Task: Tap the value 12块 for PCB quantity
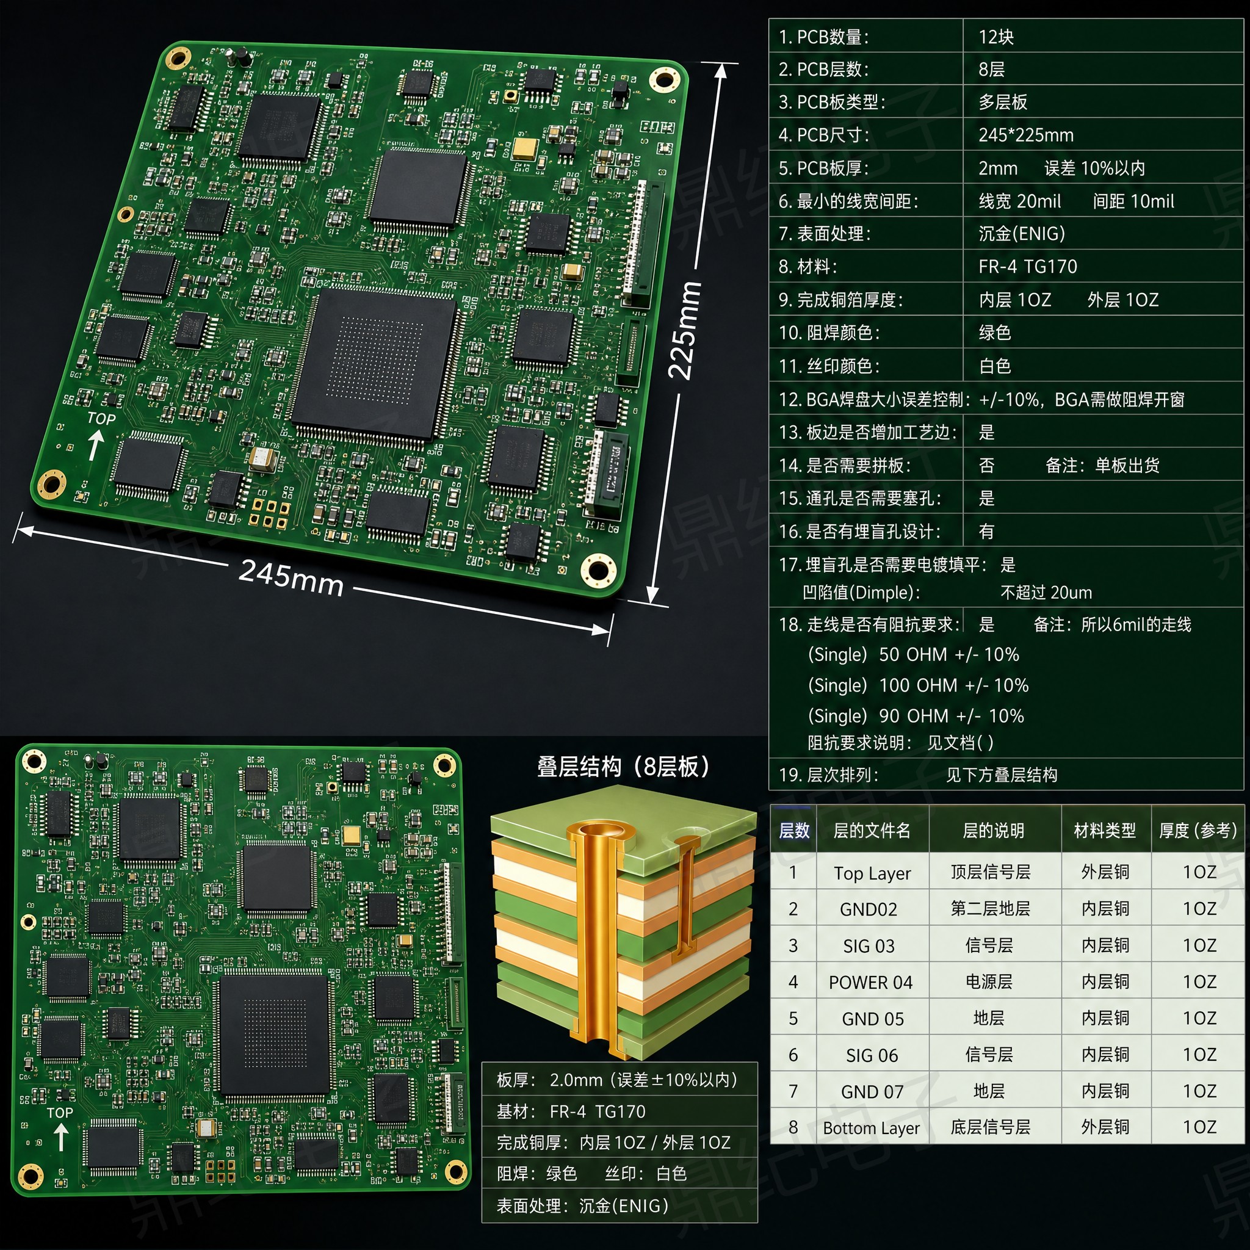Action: [995, 37]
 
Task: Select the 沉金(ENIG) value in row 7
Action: [1022, 234]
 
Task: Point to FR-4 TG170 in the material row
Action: [1027, 267]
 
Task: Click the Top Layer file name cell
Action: [872, 873]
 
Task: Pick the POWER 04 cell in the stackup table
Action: [871, 983]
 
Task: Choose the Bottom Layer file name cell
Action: [872, 1129]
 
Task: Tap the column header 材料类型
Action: [1105, 831]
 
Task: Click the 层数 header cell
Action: [794, 831]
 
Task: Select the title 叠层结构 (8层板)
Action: [623, 767]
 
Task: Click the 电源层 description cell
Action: [989, 982]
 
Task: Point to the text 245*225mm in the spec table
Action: [1026, 135]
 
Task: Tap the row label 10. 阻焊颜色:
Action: [829, 333]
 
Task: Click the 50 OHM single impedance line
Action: [914, 655]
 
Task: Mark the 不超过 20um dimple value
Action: [1046, 593]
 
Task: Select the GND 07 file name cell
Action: [872, 1092]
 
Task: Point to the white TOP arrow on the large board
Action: [96, 446]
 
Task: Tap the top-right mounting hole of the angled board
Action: [665, 80]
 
